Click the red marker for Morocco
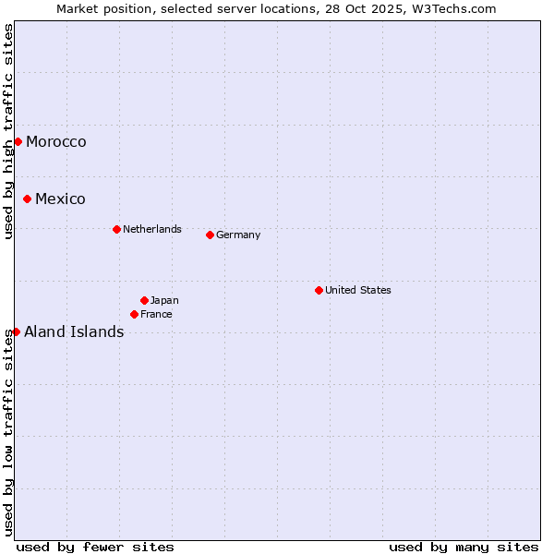click(x=18, y=141)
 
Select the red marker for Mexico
click(x=27, y=199)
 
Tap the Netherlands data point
click(x=116, y=229)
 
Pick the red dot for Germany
click(x=210, y=235)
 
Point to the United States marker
click(x=319, y=290)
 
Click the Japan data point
click(x=144, y=300)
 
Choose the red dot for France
click(x=134, y=314)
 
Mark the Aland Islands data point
click(x=16, y=331)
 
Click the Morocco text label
click(x=56, y=141)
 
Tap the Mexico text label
click(x=60, y=199)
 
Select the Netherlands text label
click(x=152, y=229)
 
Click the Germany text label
click(x=238, y=235)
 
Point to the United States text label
click(x=358, y=290)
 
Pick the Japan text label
click(x=164, y=300)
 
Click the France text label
click(x=156, y=314)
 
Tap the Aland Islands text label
click(x=74, y=331)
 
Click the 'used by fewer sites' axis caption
click(x=95, y=547)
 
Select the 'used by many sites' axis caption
click(x=464, y=547)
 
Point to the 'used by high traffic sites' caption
click(x=8, y=132)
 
